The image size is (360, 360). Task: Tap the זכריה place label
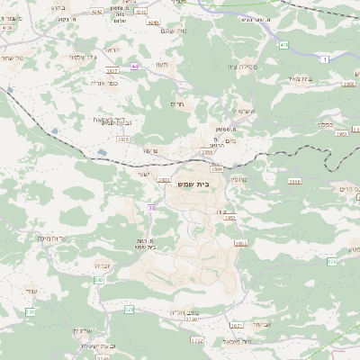point(103,267)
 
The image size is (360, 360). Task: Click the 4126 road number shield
point(7,28)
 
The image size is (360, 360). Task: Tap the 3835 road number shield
point(122,139)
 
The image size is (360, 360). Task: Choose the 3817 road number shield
point(112,69)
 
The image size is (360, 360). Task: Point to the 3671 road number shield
point(237,326)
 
